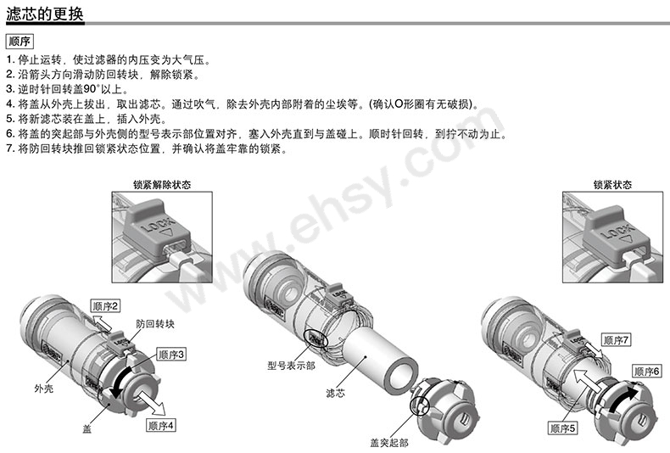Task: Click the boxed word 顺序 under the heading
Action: [20, 42]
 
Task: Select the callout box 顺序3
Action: [169, 353]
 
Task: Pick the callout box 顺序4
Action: [160, 425]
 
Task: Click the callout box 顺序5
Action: [561, 428]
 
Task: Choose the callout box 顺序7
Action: [616, 339]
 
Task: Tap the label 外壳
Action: [43, 388]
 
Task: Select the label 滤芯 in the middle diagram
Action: [336, 394]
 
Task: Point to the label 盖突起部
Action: [388, 442]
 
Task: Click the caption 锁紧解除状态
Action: [161, 184]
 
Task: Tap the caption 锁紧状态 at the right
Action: [611, 184]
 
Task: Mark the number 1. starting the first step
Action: [9, 60]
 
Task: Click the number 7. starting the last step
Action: [9, 149]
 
